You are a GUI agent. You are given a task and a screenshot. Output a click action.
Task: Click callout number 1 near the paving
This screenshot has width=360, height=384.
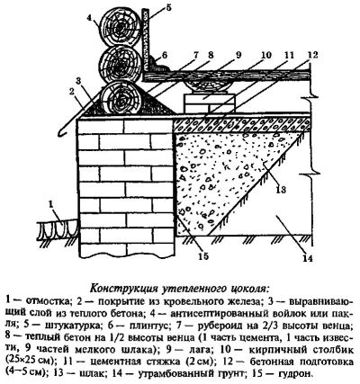[x=51, y=204]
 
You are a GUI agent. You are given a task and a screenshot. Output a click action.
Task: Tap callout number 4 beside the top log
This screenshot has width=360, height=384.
[x=90, y=17]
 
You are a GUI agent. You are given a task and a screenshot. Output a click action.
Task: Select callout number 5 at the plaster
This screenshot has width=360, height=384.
[x=168, y=7]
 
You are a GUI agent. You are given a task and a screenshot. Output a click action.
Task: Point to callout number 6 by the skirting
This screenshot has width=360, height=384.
[x=166, y=55]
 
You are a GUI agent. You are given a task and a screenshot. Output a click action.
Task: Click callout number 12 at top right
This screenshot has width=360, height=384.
[x=312, y=55]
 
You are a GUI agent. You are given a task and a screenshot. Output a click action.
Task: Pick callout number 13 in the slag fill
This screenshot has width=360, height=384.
[x=281, y=190]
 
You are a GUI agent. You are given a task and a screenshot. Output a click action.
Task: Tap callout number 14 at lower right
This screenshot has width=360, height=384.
[x=308, y=258]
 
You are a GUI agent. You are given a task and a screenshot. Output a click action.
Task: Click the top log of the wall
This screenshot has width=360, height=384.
[x=121, y=27]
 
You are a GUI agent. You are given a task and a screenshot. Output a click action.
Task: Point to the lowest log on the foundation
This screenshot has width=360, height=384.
[x=121, y=100]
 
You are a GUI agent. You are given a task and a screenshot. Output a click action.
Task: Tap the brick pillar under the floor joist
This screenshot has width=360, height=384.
[x=209, y=103]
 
